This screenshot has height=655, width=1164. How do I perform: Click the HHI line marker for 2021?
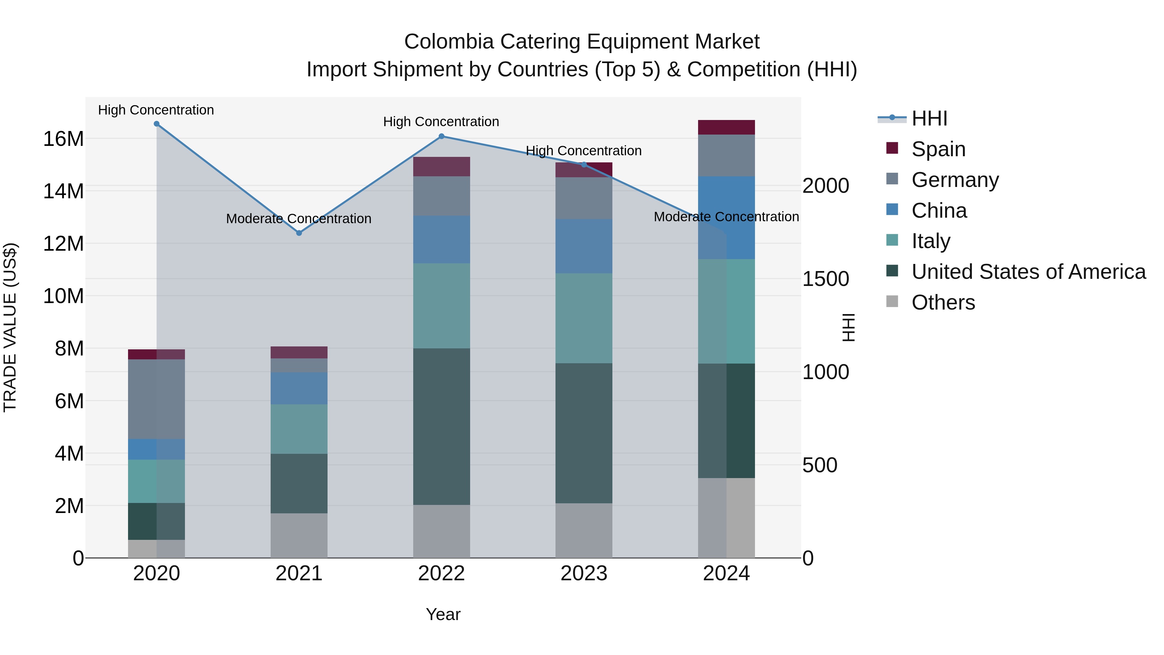point(299,233)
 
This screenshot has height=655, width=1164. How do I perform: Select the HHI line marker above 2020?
point(156,124)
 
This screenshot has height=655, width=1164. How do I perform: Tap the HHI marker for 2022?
point(441,136)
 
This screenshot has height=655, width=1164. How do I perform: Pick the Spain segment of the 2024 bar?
point(726,127)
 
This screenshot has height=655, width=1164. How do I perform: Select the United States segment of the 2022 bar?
point(441,426)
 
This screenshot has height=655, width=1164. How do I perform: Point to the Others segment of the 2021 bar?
point(299,535)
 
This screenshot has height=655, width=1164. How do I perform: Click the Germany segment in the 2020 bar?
point(156,399)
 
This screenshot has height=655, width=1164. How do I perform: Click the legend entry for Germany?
point(954,180)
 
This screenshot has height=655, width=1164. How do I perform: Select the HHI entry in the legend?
point(929,118)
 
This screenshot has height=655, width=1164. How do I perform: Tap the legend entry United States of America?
point(1028,272)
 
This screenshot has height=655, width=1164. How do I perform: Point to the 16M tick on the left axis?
point(63,139)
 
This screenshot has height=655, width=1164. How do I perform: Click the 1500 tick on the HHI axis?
point(825,279)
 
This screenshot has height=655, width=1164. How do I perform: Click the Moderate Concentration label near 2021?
point(299,219)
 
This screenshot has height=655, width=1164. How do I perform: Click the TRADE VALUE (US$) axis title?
point(10,327)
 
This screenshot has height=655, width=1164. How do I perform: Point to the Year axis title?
point(443,614)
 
